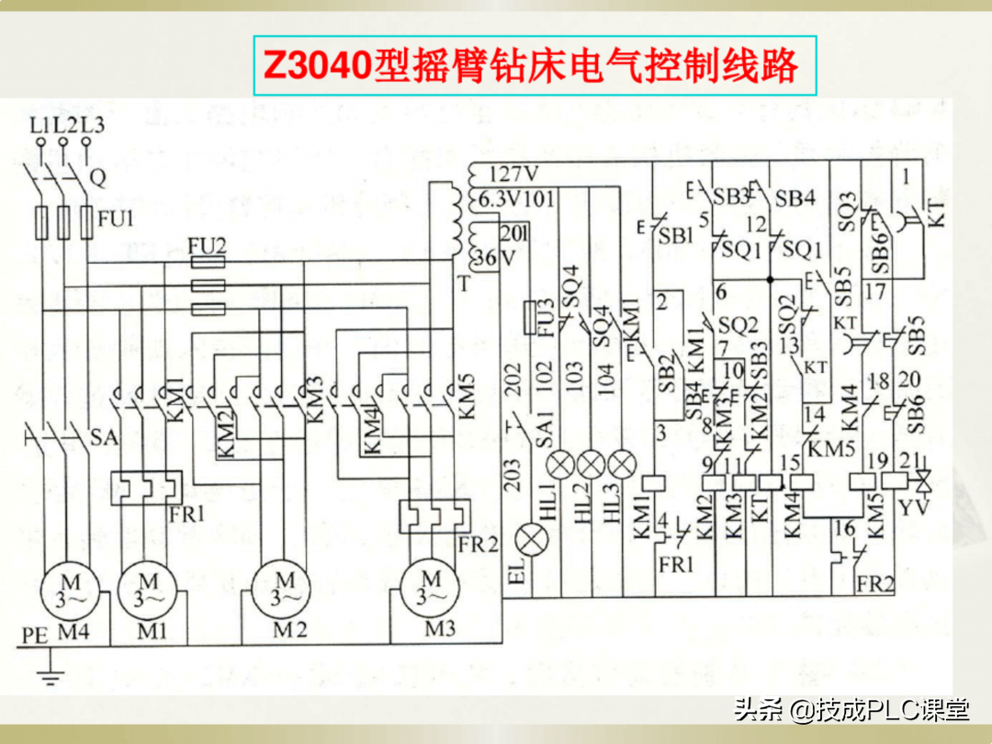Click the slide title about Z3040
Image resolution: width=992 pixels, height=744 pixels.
tap(535, 66)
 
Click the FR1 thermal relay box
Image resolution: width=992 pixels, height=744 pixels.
tap(147, 488)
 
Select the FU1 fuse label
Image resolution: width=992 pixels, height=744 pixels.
tap(116, 220)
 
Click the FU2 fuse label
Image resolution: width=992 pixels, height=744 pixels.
tap(207, 246)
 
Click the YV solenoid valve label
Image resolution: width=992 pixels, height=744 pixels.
tap(912, 507)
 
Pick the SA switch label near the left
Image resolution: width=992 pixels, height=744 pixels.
tap(104, 438)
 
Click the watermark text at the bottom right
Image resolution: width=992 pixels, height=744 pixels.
tap(851, 710)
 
